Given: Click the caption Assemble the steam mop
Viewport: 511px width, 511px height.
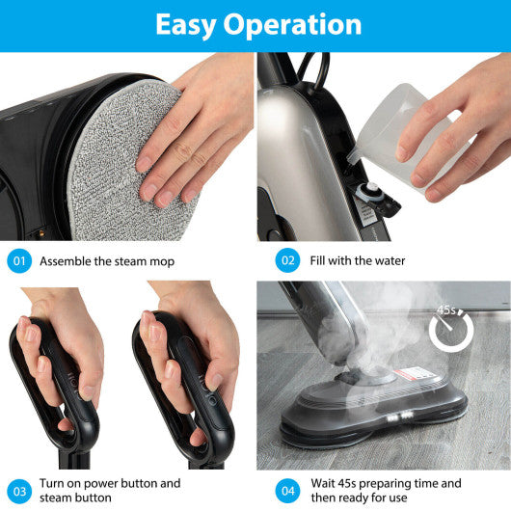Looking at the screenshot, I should point(108,261).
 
